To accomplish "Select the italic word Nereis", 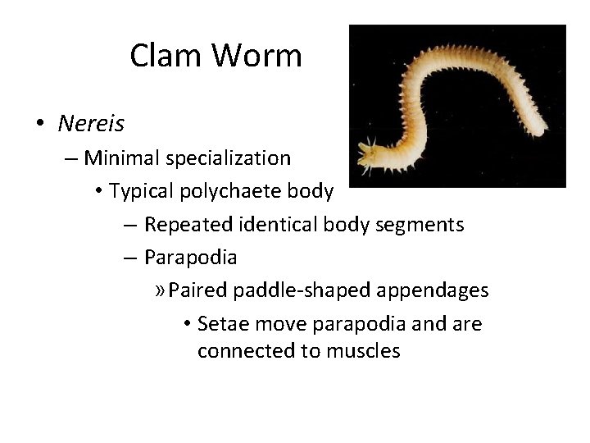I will click(x=91, y=123).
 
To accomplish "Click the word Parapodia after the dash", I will click(x=191, y=257).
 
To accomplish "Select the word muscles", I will click(x=361, y=351).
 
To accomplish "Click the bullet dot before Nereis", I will click(x=39, y=124).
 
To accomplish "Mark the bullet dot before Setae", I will click(x=188, y=324).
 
